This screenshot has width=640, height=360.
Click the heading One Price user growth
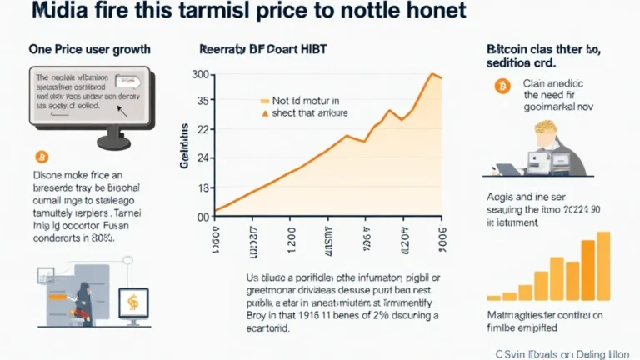pos(82,49)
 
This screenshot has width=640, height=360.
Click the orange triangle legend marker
pos(266,112)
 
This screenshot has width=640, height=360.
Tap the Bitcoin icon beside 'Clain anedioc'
pos(502,87)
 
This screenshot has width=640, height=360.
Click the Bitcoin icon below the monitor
pos(42,156)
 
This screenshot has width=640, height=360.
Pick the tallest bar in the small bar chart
pos(603,265)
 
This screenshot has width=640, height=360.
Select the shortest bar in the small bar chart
pos(493,296)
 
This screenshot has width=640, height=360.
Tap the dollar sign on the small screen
pos(133,302)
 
